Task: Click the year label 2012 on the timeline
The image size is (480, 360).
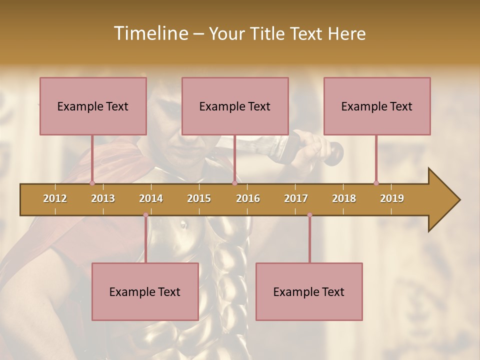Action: point(55,198)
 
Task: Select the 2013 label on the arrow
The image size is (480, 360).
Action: point(103,198)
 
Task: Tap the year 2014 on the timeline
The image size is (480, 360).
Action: point(151,198)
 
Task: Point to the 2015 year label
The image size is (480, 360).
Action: point(199,198)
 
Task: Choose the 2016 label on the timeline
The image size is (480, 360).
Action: point(248,198)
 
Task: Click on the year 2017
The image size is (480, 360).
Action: point(296,198)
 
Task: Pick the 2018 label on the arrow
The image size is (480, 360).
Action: point(344,198)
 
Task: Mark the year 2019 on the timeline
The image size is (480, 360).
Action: point(392,198)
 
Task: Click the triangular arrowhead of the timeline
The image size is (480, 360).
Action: point(443,200)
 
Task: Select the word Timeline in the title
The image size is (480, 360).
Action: point(149,33)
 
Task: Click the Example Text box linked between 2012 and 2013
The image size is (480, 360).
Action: point(93,106)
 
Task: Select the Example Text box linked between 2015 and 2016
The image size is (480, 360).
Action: point(235,106)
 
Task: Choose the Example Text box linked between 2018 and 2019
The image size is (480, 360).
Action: point(377,106)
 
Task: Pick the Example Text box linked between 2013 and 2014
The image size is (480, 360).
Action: point(145,291)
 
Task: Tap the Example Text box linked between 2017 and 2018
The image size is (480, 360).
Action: point(309,291)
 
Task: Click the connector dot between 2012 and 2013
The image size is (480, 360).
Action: point(92,183)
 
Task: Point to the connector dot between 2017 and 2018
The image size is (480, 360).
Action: point(309,215)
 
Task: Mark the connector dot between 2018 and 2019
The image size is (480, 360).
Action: point(376,183)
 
